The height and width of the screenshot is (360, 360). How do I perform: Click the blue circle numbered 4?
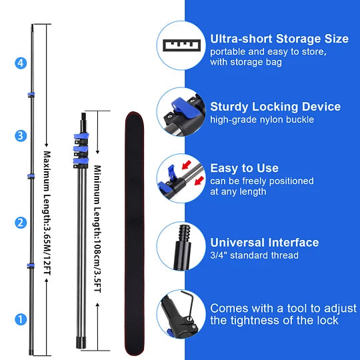coord(21,63)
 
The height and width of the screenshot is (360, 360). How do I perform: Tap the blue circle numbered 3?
coord(21,136)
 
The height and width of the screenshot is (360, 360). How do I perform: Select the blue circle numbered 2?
coord(21,223)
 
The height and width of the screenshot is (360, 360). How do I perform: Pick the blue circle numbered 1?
coord(21,319)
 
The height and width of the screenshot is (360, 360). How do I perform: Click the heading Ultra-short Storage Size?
coord(279,39)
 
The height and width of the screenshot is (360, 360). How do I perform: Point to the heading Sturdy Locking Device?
coord(275,107)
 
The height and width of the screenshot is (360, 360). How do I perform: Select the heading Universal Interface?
coord(265,243)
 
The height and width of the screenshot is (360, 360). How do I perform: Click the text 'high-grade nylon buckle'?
coord(262,120)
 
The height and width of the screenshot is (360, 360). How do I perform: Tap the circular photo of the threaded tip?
coord(181,248)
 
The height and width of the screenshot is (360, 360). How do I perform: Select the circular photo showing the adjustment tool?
coord(181,316)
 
